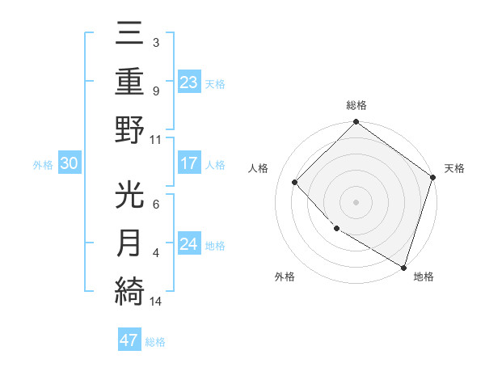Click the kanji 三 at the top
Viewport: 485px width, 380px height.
pyautogui.click(x=130, y=35)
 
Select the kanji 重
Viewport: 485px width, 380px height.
pyautogui.click(x=130, y=82)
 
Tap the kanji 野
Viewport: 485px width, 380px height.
pyautogui.click(x=130, y=129)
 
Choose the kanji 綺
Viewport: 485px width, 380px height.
pyautogui.click(x=130, y=290)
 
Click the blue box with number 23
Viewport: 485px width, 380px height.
pyautogui.click(x=188, y=82)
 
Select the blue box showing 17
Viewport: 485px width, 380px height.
pyautogui.click(x=188, y=164)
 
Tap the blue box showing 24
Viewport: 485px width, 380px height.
pyautogui.click(x=188, y=245)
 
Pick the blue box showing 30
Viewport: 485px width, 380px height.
pyautogui.click(x=69, y=164)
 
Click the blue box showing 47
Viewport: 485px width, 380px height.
pyautogui.click(x=129, y=340)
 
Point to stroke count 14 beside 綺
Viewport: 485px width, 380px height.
pyautogui.click(x=156, y=302)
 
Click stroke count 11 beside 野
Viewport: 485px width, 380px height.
pyautogui.click(x=155, y=140)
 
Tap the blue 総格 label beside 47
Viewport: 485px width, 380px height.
pyautogui.click(x=155, y=342)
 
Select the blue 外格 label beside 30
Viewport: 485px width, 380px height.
pyautogui.click(x=43, y=165)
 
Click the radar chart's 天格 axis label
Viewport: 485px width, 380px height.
pyautogui.click(x=454, y=168)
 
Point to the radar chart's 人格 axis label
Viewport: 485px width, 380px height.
pyautogui.click(x=259, y=168)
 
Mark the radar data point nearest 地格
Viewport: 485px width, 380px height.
pyautogui.click(x=403, y=266)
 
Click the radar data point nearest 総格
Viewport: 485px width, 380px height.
pyautogui.click(x=356, y=123)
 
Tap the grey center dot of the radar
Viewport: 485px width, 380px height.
pyautogui.click(x=356, y=201)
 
